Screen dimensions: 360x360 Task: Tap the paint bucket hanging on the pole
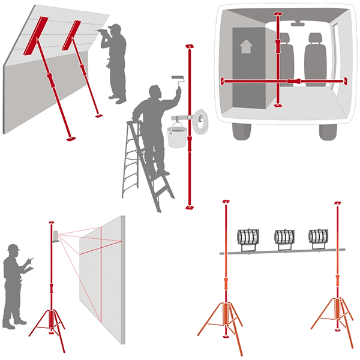point(176,137)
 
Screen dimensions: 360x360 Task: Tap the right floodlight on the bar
point(317,236)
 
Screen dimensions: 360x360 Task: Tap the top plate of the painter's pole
point(190,46)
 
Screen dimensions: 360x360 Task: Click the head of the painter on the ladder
point(154,91)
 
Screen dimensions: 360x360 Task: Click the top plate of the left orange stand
point(226,200)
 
